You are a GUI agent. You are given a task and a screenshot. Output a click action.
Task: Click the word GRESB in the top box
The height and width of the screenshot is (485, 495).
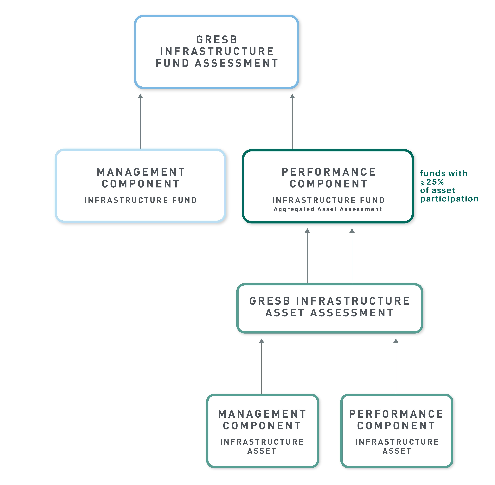tap(217, 40)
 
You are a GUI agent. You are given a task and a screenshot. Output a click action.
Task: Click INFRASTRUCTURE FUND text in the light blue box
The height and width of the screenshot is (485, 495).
tap(141, 200)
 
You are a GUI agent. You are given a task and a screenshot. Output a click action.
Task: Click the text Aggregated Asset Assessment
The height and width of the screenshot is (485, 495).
tap(328, 209)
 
